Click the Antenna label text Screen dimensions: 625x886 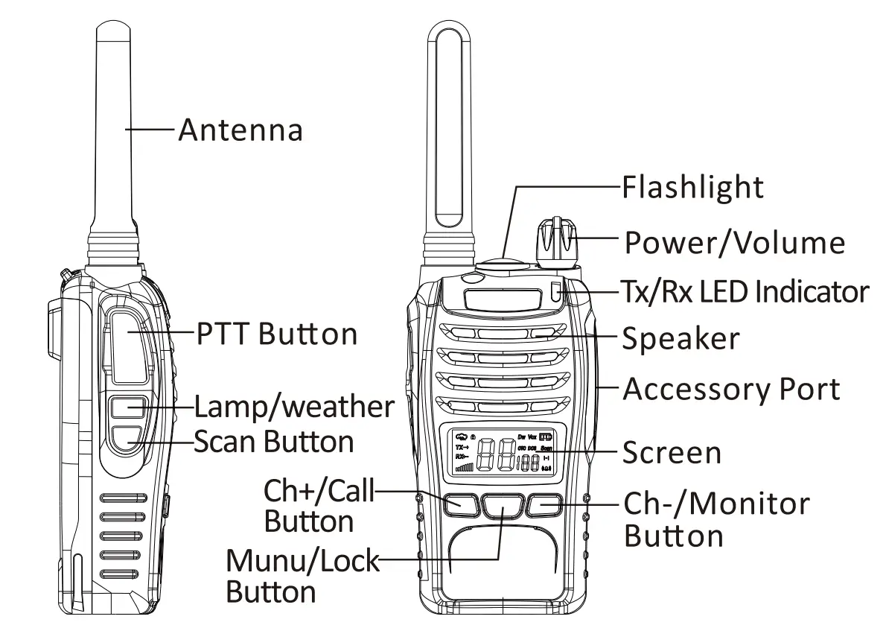tap(240, 130)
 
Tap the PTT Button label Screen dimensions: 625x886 tap(277, 333)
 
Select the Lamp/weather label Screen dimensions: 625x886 tap(294, 407)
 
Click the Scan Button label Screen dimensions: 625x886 tap(274, 442)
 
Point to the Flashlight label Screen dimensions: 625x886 tap(692, 187)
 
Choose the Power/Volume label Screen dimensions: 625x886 tap(734, 243)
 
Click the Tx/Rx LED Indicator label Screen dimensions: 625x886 tap(745, 291)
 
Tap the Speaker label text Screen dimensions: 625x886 tap(681, 339)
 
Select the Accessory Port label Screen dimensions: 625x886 tap(731, 389)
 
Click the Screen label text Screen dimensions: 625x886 tap(672, 452)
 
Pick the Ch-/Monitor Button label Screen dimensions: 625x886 tap(716, 519)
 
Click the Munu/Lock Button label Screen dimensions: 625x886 tap(302, 576)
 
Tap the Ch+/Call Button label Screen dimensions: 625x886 tap(319, 506)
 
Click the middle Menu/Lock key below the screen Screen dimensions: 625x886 tap(503, 506)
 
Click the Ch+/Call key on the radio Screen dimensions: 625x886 tap(462, 504)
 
